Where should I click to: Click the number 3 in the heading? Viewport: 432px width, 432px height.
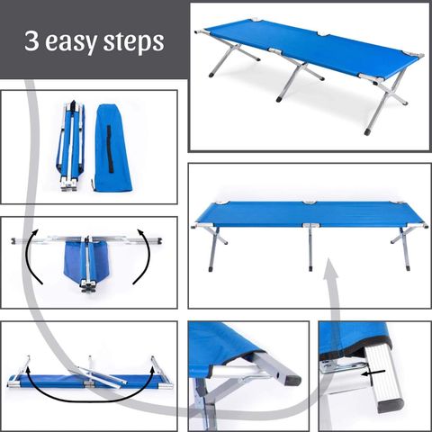point(31,40)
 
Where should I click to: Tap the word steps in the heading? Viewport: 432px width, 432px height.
point(134,42)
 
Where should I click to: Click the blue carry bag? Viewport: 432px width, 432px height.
point(112,148)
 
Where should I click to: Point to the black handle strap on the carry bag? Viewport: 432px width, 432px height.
point(111,148)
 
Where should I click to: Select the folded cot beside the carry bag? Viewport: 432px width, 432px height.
point(70,146)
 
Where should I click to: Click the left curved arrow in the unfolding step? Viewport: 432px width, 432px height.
point(32,256)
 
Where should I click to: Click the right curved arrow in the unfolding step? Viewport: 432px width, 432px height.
point(144,256)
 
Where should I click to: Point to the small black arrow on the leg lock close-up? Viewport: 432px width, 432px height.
point(373,373)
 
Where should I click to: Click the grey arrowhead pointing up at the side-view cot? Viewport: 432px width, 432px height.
point(329,269)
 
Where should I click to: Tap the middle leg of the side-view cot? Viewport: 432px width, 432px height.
point(310,248)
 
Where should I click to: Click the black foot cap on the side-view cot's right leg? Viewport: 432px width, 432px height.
point(408,267)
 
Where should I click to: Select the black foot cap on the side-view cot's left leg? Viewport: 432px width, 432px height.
point(211,268)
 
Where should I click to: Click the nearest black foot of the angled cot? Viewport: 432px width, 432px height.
point(368,131)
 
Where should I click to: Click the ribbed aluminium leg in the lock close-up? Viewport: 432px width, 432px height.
point(382,381)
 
